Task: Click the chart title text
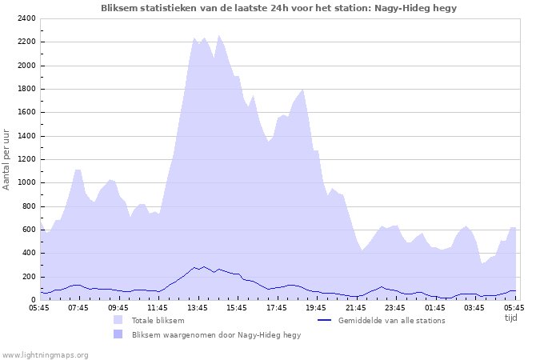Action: tap(279, 8)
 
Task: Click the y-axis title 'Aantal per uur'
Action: tap(7, 158)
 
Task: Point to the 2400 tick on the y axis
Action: tap(25, 18)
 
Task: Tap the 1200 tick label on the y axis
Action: tap(25, 159)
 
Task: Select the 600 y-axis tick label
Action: tap(27, 230)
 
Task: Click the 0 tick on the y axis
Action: tap(32, 300)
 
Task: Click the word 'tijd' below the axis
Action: tap(510, 318)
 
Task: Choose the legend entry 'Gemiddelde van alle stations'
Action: tap(391, 321)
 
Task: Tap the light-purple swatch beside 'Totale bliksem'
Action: tap(118, 321)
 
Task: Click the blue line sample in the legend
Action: tap(324, 321)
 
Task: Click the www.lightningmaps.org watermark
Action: tap(45, 354)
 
